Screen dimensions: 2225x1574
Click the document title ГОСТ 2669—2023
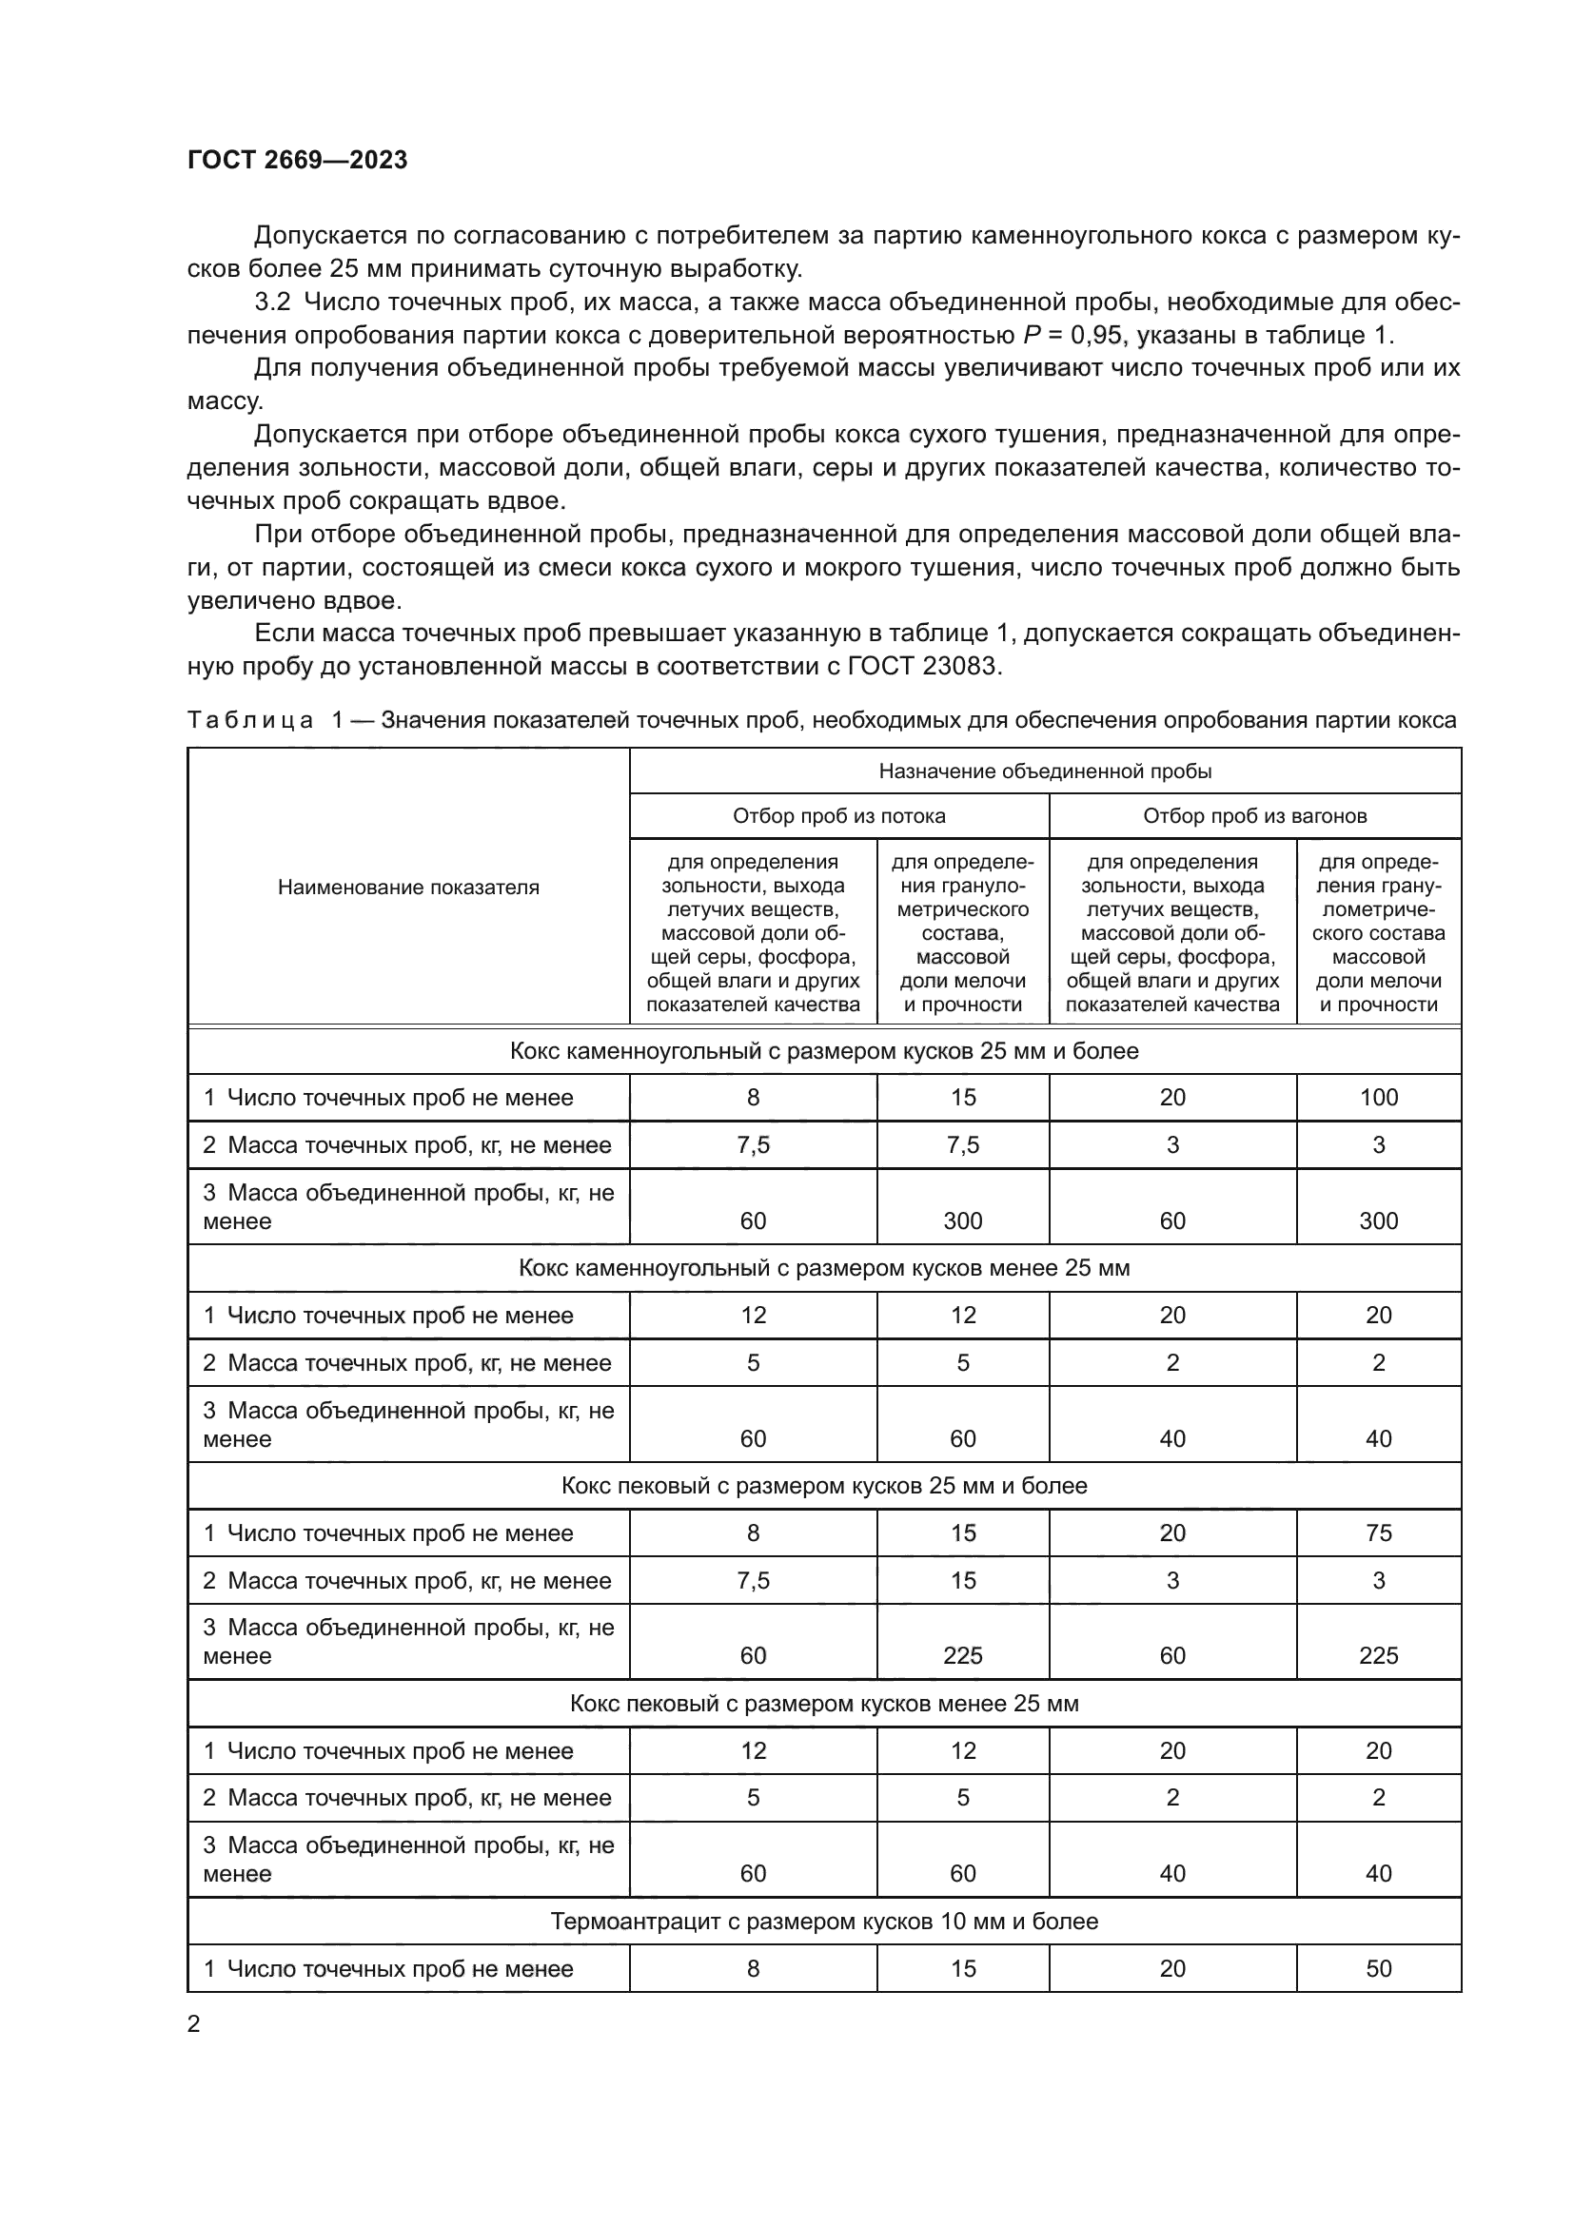coord(298,160)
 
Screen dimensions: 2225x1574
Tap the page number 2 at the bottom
coord(194,2023)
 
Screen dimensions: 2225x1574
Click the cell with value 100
coord(1377,1097)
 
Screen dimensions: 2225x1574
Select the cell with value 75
coord(1377,1532)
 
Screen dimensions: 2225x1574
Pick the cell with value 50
coord(1377,1968)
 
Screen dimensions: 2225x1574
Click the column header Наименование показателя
coord(408,887)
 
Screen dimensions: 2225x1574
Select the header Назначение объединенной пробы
coord(1045,771)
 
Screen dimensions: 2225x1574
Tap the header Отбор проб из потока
coord(838,816)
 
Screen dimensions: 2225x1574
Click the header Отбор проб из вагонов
coord(1254,816)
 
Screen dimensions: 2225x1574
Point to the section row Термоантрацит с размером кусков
coord(824,1921)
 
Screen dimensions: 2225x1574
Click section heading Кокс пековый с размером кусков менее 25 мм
coord(824,1703)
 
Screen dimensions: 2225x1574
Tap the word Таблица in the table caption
coord(250,720)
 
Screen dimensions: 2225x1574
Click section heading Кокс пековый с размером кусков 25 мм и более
coord(824,1486)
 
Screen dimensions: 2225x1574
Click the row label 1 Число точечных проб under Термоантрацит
coord(388,1968)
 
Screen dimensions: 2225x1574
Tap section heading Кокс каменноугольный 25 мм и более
coord(824,1050)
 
